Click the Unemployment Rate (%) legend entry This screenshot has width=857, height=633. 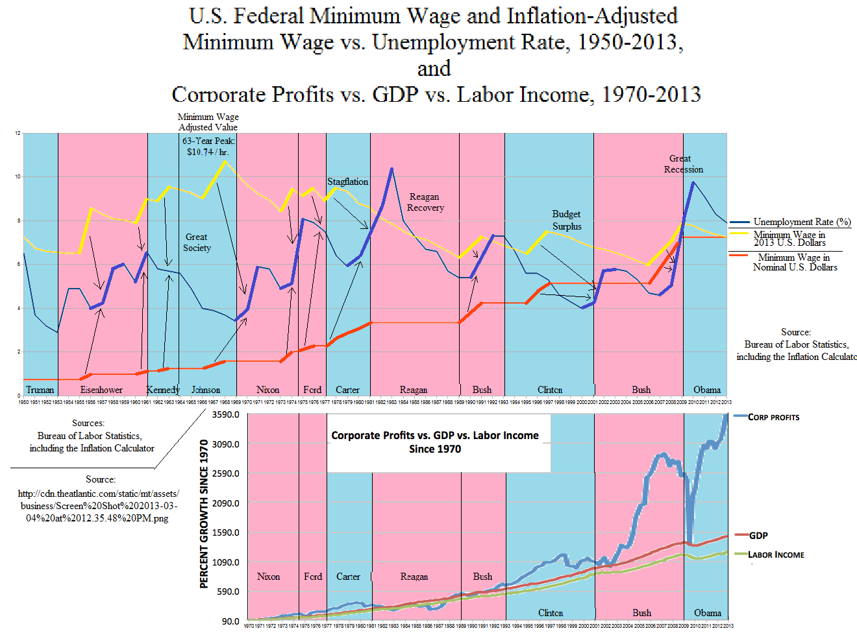click(802, 222)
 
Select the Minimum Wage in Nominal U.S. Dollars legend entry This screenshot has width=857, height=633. click(795, 262)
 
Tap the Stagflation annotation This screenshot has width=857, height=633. click(347, 182)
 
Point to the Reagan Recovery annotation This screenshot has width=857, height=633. click(425, 202)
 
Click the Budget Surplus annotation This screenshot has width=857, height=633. click(567, 220)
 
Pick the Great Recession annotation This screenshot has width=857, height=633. click(682, 163)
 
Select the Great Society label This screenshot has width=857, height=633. click(197, 242)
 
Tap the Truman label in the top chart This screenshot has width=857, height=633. click(40, 390)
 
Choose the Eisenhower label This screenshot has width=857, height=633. click(101, 390)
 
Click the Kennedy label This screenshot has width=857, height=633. click(162, 390)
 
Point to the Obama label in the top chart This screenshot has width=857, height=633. click(706, 390)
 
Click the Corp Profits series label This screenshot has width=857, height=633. click(773, 417)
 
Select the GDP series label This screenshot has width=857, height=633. click(758, 536)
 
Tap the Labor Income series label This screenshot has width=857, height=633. click(776, 555)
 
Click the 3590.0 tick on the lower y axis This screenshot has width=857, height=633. click(226, 414)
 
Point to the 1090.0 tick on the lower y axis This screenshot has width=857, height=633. click(226, 562)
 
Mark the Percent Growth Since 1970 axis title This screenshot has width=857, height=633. click(204, 514)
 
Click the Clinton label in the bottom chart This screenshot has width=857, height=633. click(550, 613)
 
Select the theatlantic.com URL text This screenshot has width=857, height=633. click(97, 506)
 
